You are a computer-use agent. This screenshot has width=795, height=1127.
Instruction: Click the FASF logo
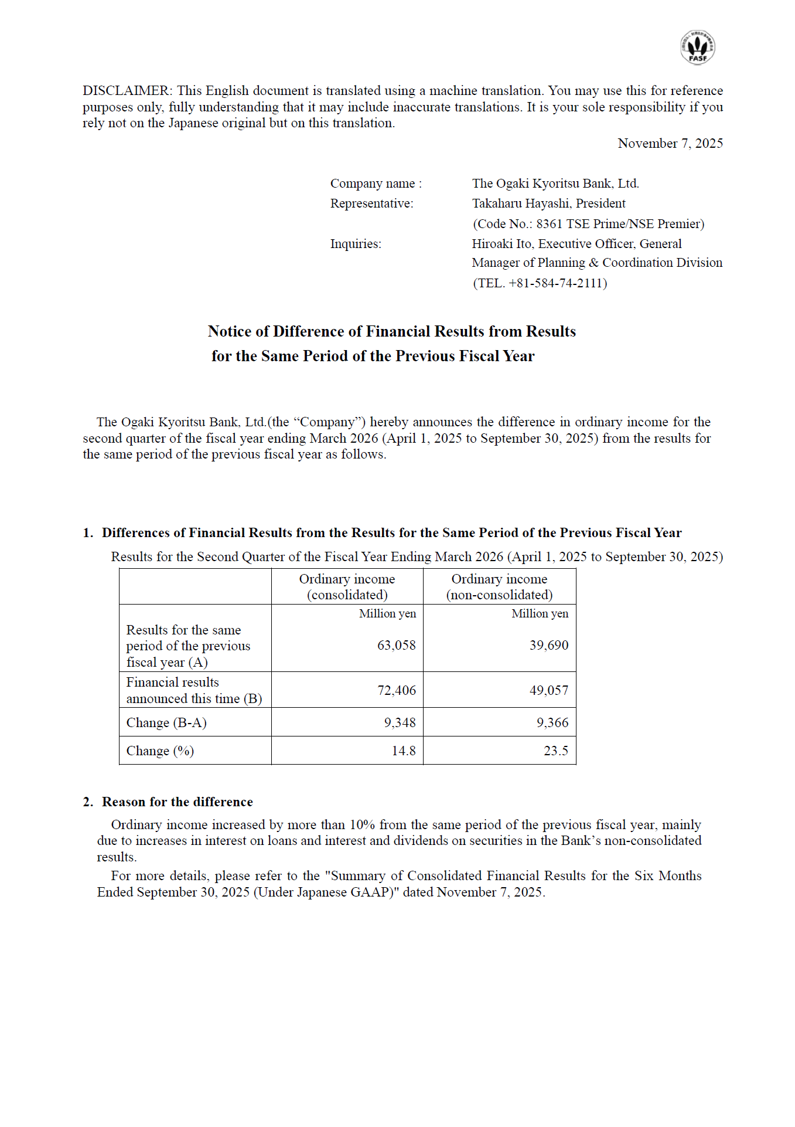click(697, 47)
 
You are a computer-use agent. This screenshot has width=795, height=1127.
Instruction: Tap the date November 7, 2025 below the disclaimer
click(670, 144)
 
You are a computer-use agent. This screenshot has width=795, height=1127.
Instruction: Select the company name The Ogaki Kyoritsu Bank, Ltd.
click(555, 184)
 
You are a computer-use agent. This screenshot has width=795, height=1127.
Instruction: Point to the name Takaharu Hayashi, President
click(548, 203)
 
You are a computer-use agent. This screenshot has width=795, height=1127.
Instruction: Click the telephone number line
click(540, 283)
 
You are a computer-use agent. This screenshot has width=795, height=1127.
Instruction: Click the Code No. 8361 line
click(588, 224)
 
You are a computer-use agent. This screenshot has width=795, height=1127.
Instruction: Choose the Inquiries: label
click(356, 244)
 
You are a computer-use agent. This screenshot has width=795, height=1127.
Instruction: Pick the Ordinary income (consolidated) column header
click(347, 587)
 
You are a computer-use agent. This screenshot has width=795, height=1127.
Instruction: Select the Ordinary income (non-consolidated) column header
click(499, 587)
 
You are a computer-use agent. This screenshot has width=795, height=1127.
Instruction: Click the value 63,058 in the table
click(396, 646)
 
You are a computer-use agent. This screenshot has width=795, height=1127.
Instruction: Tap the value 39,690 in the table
click(548, 646)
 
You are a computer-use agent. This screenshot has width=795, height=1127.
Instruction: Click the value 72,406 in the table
click(396, 691)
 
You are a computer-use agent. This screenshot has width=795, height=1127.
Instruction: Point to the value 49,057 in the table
click(548, 691)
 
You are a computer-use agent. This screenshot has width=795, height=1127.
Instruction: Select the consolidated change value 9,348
click(400, 723)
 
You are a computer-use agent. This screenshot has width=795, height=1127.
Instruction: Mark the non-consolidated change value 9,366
click(552, 723)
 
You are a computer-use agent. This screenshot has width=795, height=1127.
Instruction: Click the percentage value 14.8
click(403, 751)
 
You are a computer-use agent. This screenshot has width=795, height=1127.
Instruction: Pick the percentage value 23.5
click(555, 751)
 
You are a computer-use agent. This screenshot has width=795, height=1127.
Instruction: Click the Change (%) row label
click(160, 751)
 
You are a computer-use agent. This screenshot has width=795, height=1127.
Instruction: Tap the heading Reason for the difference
click(177, 802)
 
